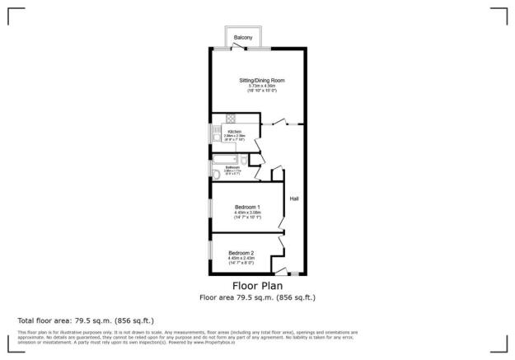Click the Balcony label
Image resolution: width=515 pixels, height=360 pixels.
pos(242,38)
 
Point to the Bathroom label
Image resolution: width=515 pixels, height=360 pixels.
pos(233,167)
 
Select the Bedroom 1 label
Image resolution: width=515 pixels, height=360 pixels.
pos(247,207)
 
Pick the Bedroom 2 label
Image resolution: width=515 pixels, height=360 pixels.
pos(241,252)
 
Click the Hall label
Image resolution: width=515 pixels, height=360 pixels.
pos(293,199)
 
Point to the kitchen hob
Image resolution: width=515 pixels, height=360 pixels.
pos(231,118)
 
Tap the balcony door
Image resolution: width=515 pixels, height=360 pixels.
pos(240,48)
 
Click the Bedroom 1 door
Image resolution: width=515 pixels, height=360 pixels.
pos(282,217)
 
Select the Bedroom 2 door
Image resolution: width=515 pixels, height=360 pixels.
pos(282,244)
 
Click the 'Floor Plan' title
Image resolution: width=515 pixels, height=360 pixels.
pos(257,287)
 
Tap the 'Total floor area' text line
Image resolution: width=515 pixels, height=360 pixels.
pos(86,320)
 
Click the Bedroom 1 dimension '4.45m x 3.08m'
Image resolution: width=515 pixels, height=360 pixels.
pos(247,213)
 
